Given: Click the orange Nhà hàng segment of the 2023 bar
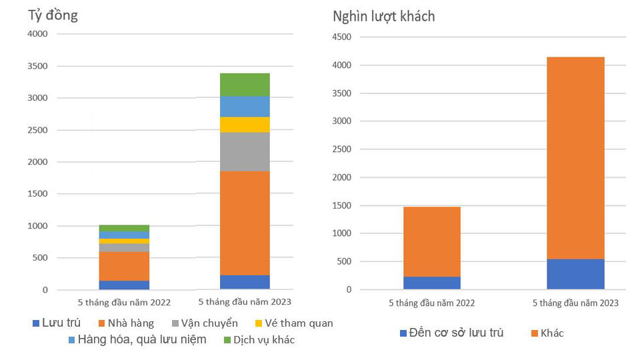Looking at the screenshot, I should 245,223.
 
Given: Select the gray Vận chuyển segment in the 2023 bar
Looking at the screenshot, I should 245,152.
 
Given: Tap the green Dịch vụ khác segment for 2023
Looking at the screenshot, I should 245,85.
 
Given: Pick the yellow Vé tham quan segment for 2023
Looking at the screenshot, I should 245,125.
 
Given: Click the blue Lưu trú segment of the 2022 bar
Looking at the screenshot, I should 124,285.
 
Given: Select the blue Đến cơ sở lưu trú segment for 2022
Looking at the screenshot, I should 432,283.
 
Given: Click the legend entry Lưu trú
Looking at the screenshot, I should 61,323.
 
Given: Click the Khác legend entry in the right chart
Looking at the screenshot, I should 552,333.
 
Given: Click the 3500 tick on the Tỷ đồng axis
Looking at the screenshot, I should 37,66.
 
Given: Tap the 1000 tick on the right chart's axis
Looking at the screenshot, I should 343,233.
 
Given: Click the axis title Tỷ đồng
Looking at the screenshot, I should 53,15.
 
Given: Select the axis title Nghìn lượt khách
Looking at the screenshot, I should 384,16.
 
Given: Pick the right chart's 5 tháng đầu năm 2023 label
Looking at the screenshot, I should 575,303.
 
